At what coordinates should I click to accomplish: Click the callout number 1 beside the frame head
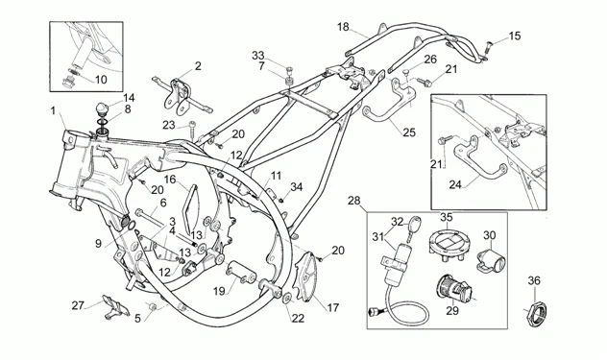54,111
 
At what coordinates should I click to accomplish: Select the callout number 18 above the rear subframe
344,26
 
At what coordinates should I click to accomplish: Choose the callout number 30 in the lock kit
489,235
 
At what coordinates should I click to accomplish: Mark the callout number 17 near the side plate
333,308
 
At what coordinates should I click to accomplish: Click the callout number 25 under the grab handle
408,132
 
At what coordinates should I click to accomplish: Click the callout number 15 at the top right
516,36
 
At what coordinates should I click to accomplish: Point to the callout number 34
296,186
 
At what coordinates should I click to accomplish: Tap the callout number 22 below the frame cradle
298,318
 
